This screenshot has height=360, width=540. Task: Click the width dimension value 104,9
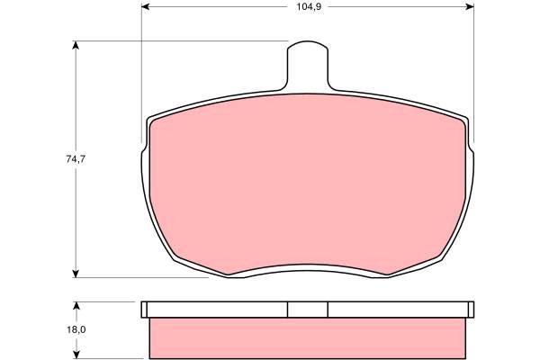309,6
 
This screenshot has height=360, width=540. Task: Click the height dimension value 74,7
76,159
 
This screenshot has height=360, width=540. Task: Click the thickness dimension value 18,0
76,329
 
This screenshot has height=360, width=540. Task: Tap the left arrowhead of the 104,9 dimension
146,6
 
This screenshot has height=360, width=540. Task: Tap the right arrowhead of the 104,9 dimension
470,6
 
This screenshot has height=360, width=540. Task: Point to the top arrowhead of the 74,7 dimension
76,45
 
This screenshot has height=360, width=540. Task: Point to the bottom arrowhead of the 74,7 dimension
76,274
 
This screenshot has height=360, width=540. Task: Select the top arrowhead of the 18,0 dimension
76,306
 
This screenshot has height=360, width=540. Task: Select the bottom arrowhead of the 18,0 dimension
76,355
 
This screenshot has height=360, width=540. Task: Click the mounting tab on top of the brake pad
308,66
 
